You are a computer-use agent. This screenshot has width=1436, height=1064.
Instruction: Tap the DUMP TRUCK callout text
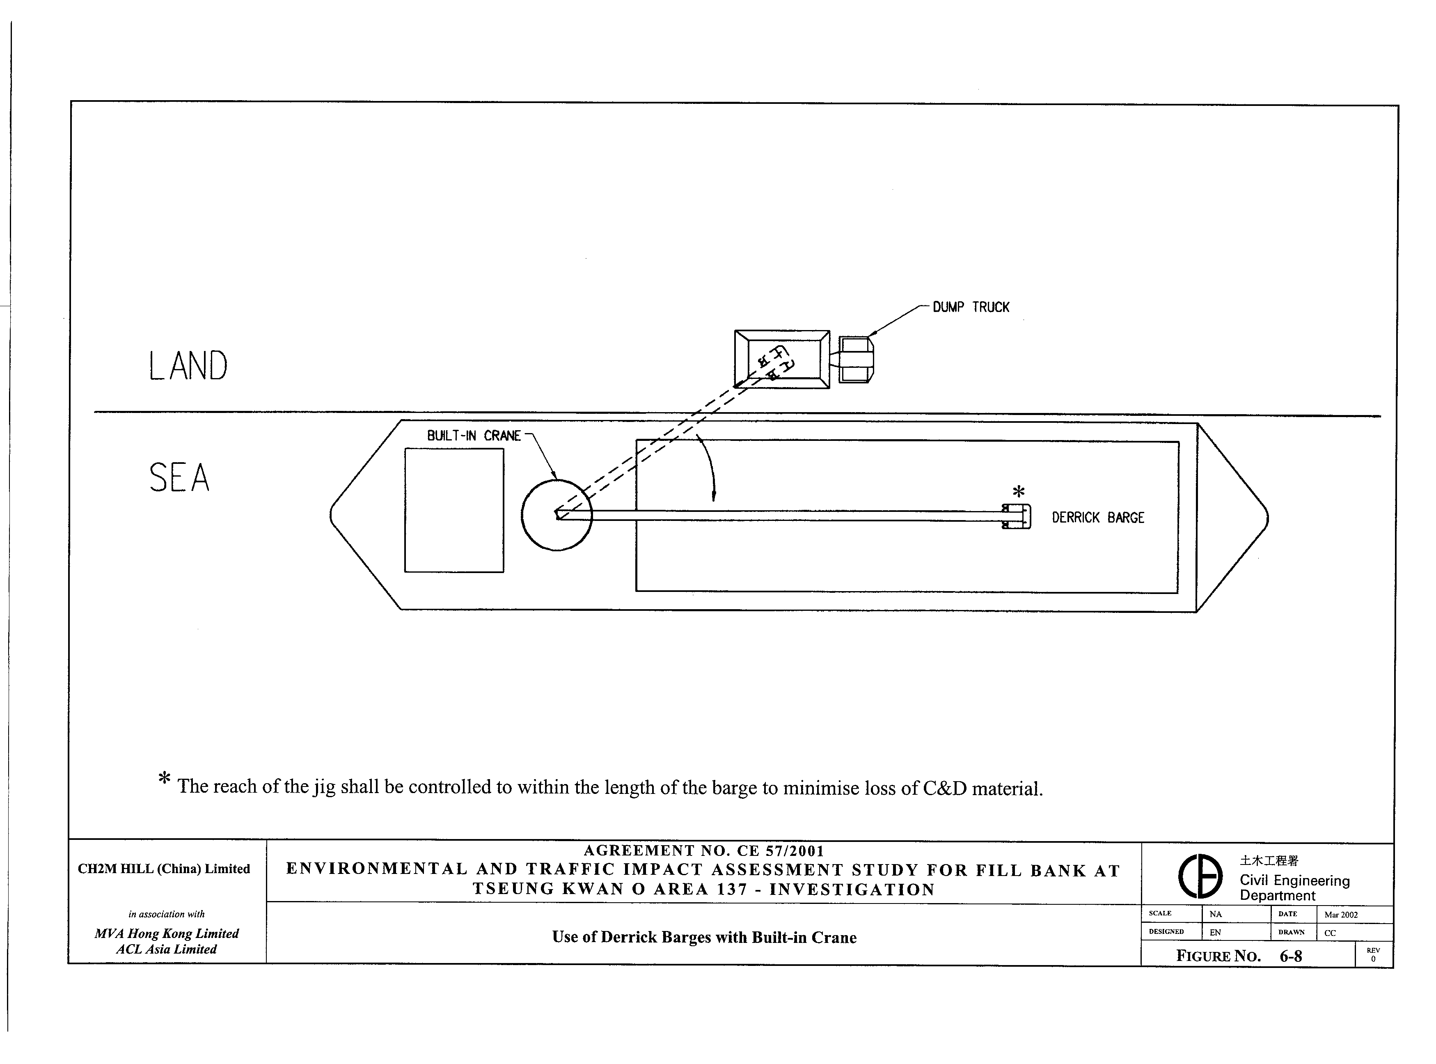[971, 307]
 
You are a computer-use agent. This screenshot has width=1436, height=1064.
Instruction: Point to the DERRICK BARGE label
[1098, 518]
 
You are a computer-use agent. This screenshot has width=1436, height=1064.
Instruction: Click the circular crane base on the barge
[557, 515]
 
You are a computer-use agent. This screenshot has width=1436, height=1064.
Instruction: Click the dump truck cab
[856, 360]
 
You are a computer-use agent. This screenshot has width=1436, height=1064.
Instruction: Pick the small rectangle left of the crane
[454, 510]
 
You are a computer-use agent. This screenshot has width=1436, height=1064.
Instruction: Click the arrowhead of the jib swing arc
[714, 496]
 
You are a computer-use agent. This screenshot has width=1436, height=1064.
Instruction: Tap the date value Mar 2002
[1341, 915]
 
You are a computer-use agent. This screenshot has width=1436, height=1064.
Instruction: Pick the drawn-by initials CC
[1330, 933]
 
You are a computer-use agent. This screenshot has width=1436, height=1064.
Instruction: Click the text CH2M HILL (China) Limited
[164, 869]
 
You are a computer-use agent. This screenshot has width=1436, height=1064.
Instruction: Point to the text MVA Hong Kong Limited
[166, 933]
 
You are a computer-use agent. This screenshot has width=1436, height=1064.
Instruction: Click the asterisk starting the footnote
[164, 779]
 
